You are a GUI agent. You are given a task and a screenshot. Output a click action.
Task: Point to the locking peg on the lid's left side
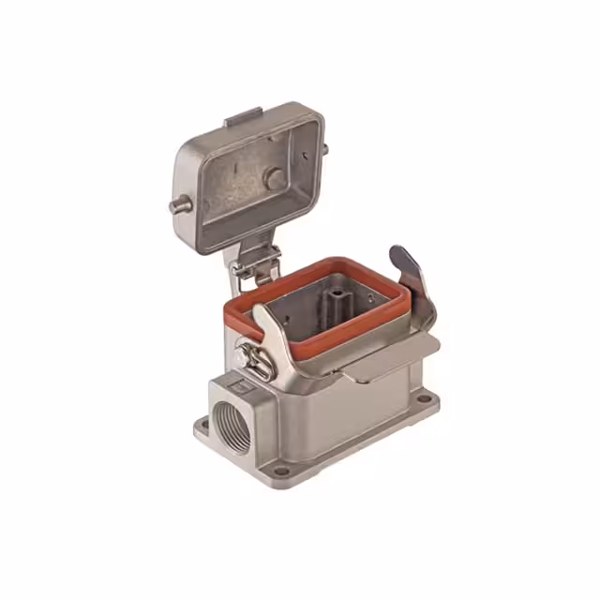click(x=178, y=207)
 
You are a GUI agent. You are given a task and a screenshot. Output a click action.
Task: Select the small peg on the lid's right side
click(x=325, y=147)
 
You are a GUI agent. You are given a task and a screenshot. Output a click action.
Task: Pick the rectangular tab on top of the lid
click(x=243, y=118)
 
